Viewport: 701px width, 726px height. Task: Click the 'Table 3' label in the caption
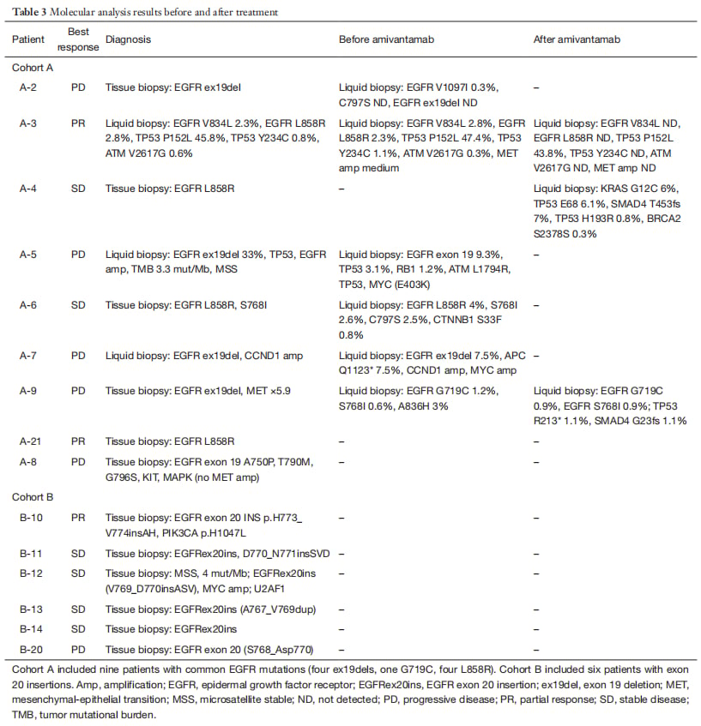coord(28,13)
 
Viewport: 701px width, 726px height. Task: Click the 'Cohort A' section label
coord(34,67)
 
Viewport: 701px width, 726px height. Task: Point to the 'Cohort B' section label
coord(34,496)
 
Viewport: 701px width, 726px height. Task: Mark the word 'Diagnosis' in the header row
coord(128,39)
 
